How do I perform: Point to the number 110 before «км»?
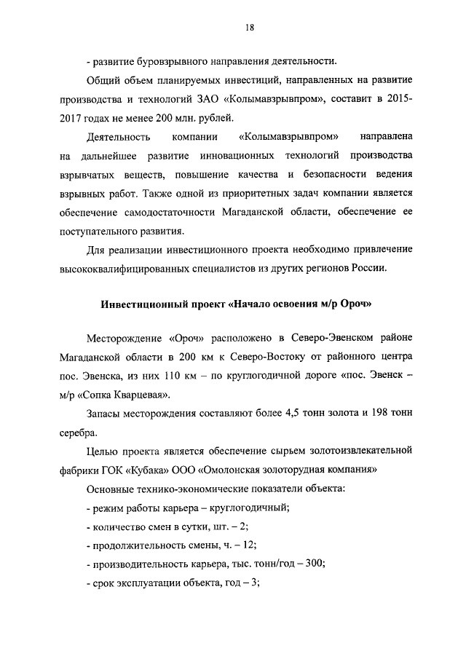click(x=165, y=377)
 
